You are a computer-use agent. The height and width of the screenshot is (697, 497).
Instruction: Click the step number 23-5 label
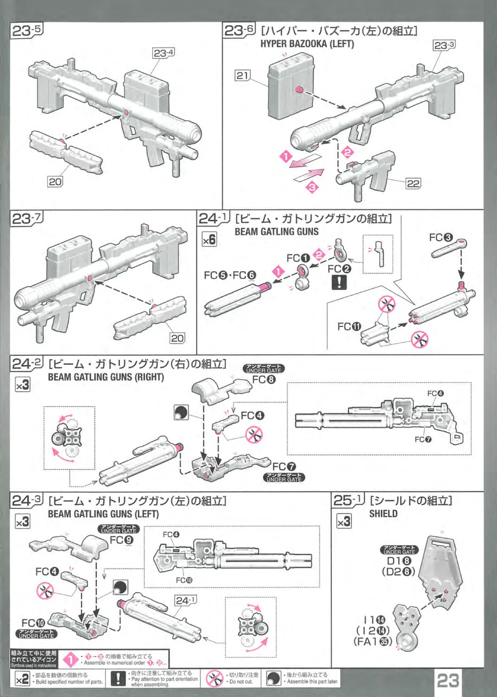(x=26, y=31)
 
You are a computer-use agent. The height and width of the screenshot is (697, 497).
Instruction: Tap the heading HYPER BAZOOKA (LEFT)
(x=307, y=44)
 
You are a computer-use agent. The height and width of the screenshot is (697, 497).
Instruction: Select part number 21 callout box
(x=242, y=75)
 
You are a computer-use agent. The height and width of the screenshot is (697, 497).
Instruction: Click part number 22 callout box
(x=413, y=183)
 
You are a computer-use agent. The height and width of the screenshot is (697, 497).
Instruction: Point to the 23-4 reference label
(x=163, y=53)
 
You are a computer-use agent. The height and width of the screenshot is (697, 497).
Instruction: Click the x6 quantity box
(x=209, y=239)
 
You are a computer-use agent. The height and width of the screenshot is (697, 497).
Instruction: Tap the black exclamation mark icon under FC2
(x=339, y=282)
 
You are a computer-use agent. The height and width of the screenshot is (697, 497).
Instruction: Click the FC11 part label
(x=349, y=327)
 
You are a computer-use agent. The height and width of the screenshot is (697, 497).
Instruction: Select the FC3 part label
(x=440, y=237)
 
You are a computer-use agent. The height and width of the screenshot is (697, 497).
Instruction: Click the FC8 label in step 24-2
(x=264, y=379)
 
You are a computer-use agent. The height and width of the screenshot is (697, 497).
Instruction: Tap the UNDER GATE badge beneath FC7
(x=284, y=478)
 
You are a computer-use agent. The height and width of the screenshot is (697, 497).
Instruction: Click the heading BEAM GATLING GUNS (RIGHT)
(x=106, y=377)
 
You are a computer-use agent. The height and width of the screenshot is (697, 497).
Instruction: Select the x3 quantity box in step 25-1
(x=344, y=521)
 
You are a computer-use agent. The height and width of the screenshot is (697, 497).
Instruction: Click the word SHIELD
(x=383, y=513)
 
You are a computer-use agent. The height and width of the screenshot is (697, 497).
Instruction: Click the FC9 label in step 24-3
(x=122, y=540)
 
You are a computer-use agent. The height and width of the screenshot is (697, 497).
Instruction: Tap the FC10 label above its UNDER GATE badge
(x=33, y=623)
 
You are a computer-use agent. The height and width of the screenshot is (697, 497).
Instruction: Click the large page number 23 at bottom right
(x=448, y=680)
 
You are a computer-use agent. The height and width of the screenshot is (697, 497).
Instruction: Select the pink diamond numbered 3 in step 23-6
(x=312, y=187)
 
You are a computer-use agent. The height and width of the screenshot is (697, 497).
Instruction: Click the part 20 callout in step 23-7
(x=177, y=338)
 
